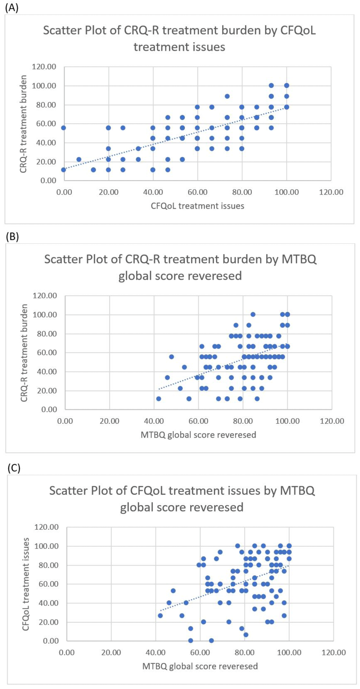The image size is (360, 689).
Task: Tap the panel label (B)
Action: click(12, 237)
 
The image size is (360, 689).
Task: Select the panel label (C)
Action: click(14, 468)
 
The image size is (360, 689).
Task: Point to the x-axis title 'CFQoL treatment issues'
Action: click(197, 206)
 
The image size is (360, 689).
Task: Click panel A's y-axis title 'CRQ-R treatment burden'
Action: click(23, 124)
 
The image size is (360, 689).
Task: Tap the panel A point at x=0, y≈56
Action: click(64, 128)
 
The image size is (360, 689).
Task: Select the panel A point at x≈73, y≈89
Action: click(227, 96)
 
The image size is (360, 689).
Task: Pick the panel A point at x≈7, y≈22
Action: click(79, 159)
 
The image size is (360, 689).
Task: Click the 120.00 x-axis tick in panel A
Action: click(331, 192)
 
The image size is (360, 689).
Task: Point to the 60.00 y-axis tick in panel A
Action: click(44, 124)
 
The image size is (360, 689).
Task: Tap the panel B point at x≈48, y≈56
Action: click(171, 357)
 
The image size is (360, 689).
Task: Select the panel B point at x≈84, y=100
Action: click(253, 314)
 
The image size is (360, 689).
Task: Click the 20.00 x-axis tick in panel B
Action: click(109, 421)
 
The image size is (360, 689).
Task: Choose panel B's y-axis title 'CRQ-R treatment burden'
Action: click(24, 353)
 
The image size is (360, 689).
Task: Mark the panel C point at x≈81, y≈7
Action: click(246, 634)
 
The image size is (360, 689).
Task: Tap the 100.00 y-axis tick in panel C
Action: click(46, 546)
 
